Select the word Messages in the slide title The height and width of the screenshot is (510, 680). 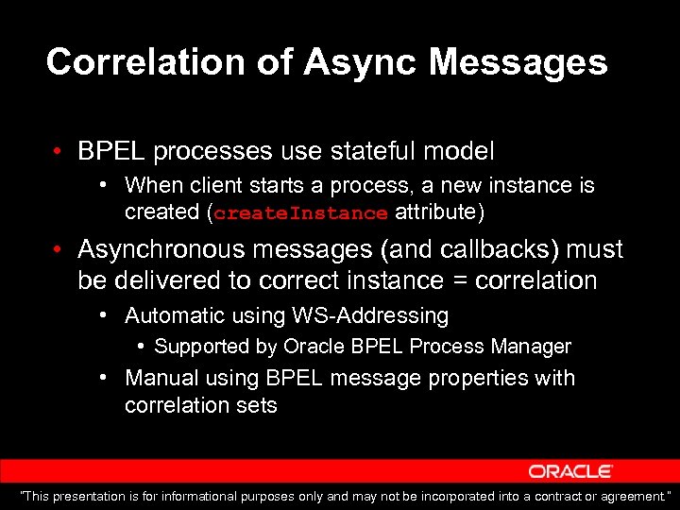518,62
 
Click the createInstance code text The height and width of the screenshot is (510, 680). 300,213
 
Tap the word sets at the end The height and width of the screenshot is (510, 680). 259,406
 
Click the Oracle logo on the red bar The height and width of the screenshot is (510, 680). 570,470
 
